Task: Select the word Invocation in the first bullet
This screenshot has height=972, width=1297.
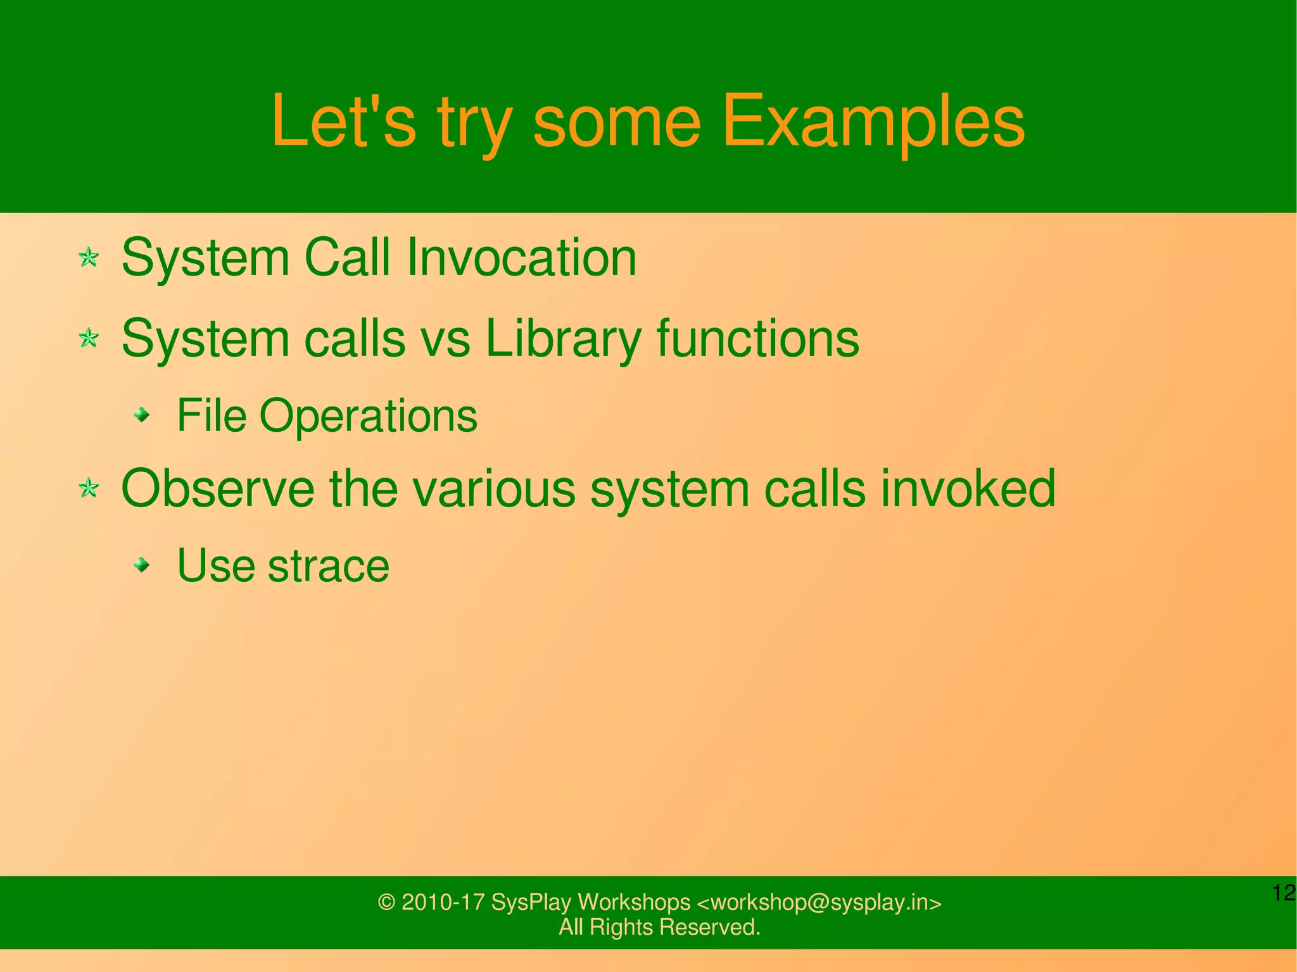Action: [521, 258]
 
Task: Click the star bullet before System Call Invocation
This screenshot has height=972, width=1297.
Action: [89, 258]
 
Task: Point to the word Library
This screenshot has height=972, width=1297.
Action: [563, 339]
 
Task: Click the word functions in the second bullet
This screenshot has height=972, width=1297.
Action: [757, 339]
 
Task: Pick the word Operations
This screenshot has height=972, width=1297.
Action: [368, 417]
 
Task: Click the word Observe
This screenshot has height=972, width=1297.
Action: [217, 488]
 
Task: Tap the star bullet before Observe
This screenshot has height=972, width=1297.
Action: [89, 488]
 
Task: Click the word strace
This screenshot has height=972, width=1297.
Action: [328, 565]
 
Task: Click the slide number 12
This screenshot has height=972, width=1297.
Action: [1283, 893]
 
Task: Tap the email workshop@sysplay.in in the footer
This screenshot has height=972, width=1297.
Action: [819, 902]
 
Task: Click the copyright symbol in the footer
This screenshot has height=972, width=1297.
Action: [386, 902]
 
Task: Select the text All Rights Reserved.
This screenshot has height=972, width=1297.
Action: [659, 927]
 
